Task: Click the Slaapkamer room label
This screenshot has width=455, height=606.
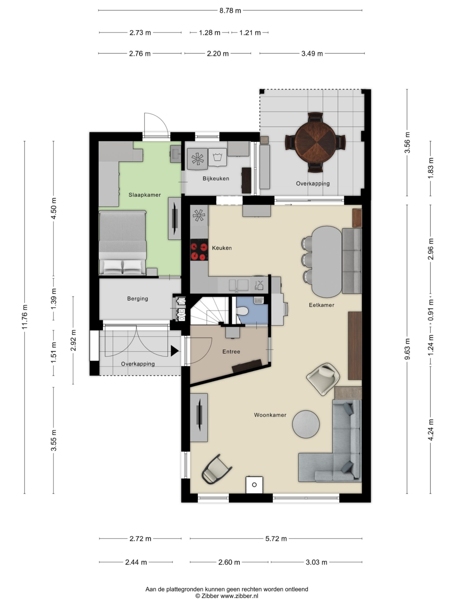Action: [x=145, y=195]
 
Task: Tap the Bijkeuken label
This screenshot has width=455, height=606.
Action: [x=216, y=178]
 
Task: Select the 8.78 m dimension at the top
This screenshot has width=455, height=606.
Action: [x=230, y=11]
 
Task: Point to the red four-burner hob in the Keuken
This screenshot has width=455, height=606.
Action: [x=199, y=251]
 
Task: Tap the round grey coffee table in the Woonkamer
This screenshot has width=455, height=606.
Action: [x=306, y=424]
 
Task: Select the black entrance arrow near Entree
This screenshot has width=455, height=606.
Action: [x=174, y=351]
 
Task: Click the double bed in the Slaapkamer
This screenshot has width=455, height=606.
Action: [x=122, y=242]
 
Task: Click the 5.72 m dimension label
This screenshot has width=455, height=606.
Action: [x=276, y=539]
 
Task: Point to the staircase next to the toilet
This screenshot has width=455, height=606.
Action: [x=210, y=311]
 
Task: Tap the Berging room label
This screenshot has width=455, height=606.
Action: [x=137, y=299]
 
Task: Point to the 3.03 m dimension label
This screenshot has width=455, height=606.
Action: [x=316, y=562]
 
